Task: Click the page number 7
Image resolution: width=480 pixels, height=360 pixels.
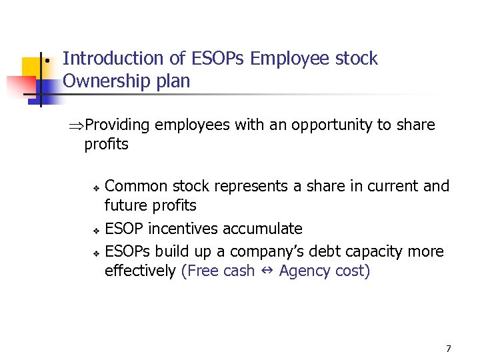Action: pyautogui.click(x=448, y=348)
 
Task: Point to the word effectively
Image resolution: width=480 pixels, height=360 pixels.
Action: pyautogui.click(x=140, y=271)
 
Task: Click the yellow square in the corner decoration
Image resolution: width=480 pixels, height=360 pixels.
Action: pyautogui.click(x=31, y=66)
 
